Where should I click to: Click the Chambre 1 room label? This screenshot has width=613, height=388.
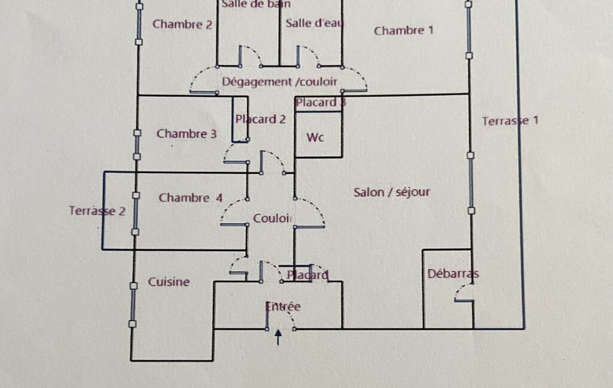pyautogui.click(x=404, y=30)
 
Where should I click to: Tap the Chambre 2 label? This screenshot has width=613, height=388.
pyautogui.click(x=182, y=24)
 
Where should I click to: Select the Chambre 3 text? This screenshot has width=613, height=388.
pyautogui.click(x=187, y=134)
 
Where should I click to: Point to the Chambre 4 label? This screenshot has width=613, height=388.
pyautogui.click(x=190, y=198)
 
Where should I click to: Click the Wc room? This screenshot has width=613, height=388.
pyautogui.click(x=315, y=137)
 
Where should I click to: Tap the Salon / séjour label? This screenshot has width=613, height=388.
pyautogui.click(x=392, y=192)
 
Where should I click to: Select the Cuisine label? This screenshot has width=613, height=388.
pyautogui.click(x=169, y=282)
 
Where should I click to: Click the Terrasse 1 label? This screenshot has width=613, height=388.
pyautogui.click(x=510, y=121)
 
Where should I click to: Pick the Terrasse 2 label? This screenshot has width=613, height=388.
pyautogui.click(x=97, y=211)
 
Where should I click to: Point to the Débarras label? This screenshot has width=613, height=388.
pyautogui.click(x=453, y=273)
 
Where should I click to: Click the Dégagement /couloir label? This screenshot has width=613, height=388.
pyautogui.click(x=279, y=82)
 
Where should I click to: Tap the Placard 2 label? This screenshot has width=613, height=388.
pyautogui.click(x=260, y=119)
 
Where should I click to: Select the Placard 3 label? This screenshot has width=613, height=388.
pyautogui.click(x=321, y=103)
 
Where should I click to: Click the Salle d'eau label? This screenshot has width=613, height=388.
pyautogui.click(x=314, y=23)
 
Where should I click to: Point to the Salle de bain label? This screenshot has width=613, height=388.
pyautogui.click(x=256, y=4)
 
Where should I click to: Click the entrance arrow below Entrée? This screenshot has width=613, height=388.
pyautogui.click(x=278, y=337)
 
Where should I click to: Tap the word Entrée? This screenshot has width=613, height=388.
pyautogui.click(x=283, y=306)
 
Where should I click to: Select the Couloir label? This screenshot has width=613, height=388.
pyautogui.click(x=272, y=218)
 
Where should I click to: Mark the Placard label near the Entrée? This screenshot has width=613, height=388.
pyautogui.click(x=307, y=275)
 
